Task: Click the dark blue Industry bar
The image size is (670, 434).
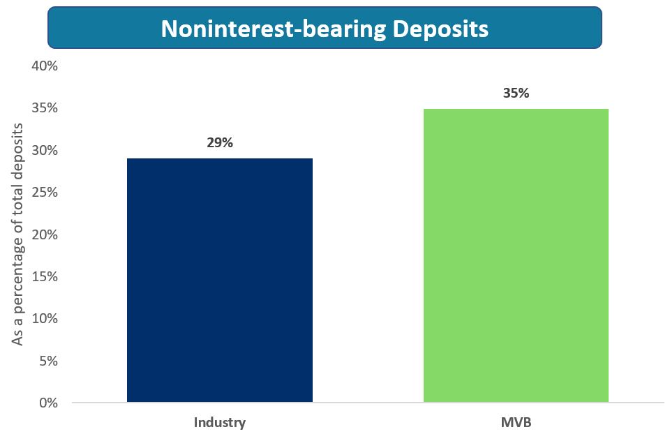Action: click(x=219, y=280)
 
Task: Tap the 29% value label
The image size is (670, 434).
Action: click(x=219, y=143)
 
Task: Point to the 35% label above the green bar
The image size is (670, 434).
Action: click(x=516, y=93)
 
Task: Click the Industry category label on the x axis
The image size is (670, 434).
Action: click(x=219, y=422)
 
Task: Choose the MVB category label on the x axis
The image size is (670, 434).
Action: click(x=516, y=422)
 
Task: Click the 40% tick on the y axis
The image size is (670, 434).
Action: click(x=43, y=66)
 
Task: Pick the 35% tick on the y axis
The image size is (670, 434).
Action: click(x=43, y=108)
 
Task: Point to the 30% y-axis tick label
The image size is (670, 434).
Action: click(x=43, y=151)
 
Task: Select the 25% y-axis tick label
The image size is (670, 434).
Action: click(x=43, y=193)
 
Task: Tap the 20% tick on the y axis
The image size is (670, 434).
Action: click(x=43, y=234)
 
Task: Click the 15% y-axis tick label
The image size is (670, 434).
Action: click(x=43, y=277)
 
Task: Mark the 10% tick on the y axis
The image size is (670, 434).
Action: click(x=43, y=319)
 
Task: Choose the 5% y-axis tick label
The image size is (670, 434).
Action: click(x=47, y=361)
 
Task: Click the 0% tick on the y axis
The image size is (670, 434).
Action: click(x=47, y=403)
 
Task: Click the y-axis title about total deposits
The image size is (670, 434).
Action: click(x=19, y=234)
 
